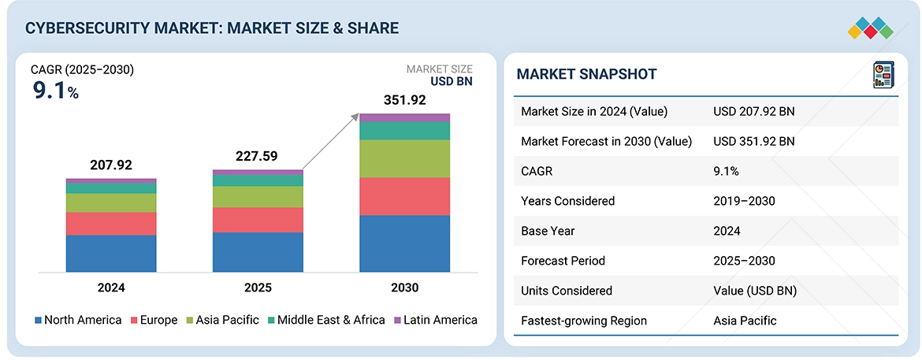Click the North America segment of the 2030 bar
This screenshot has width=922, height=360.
pos(404,244)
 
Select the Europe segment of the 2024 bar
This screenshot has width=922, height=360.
pos(111,224)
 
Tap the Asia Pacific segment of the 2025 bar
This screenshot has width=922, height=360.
pos(258,196)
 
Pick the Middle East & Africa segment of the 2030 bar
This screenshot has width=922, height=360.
pos(404,131)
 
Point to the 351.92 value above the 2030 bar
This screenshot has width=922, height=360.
pos(404,101)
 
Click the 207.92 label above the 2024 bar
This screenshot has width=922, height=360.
pos(111,165)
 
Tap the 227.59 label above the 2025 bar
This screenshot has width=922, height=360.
pos(258,157)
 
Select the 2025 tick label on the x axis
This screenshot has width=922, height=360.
pos(258,288)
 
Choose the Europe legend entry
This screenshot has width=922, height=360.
pos(154,321)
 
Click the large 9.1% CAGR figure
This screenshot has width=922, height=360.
pos(54,91)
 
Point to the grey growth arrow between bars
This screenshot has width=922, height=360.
pos(331,142)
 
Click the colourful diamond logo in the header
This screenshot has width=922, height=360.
pos(870,29)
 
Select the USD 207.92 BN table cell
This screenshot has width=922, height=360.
pos(754,111)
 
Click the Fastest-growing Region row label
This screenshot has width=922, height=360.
pos(584,321)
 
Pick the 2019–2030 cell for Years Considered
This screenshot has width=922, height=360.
pos(745,201)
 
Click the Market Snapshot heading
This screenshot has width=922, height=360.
pos(587,74)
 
